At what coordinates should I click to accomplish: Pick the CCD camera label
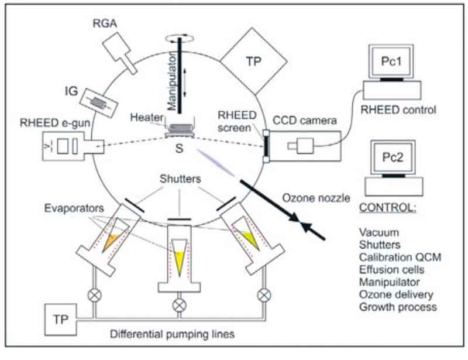(306, 121)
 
